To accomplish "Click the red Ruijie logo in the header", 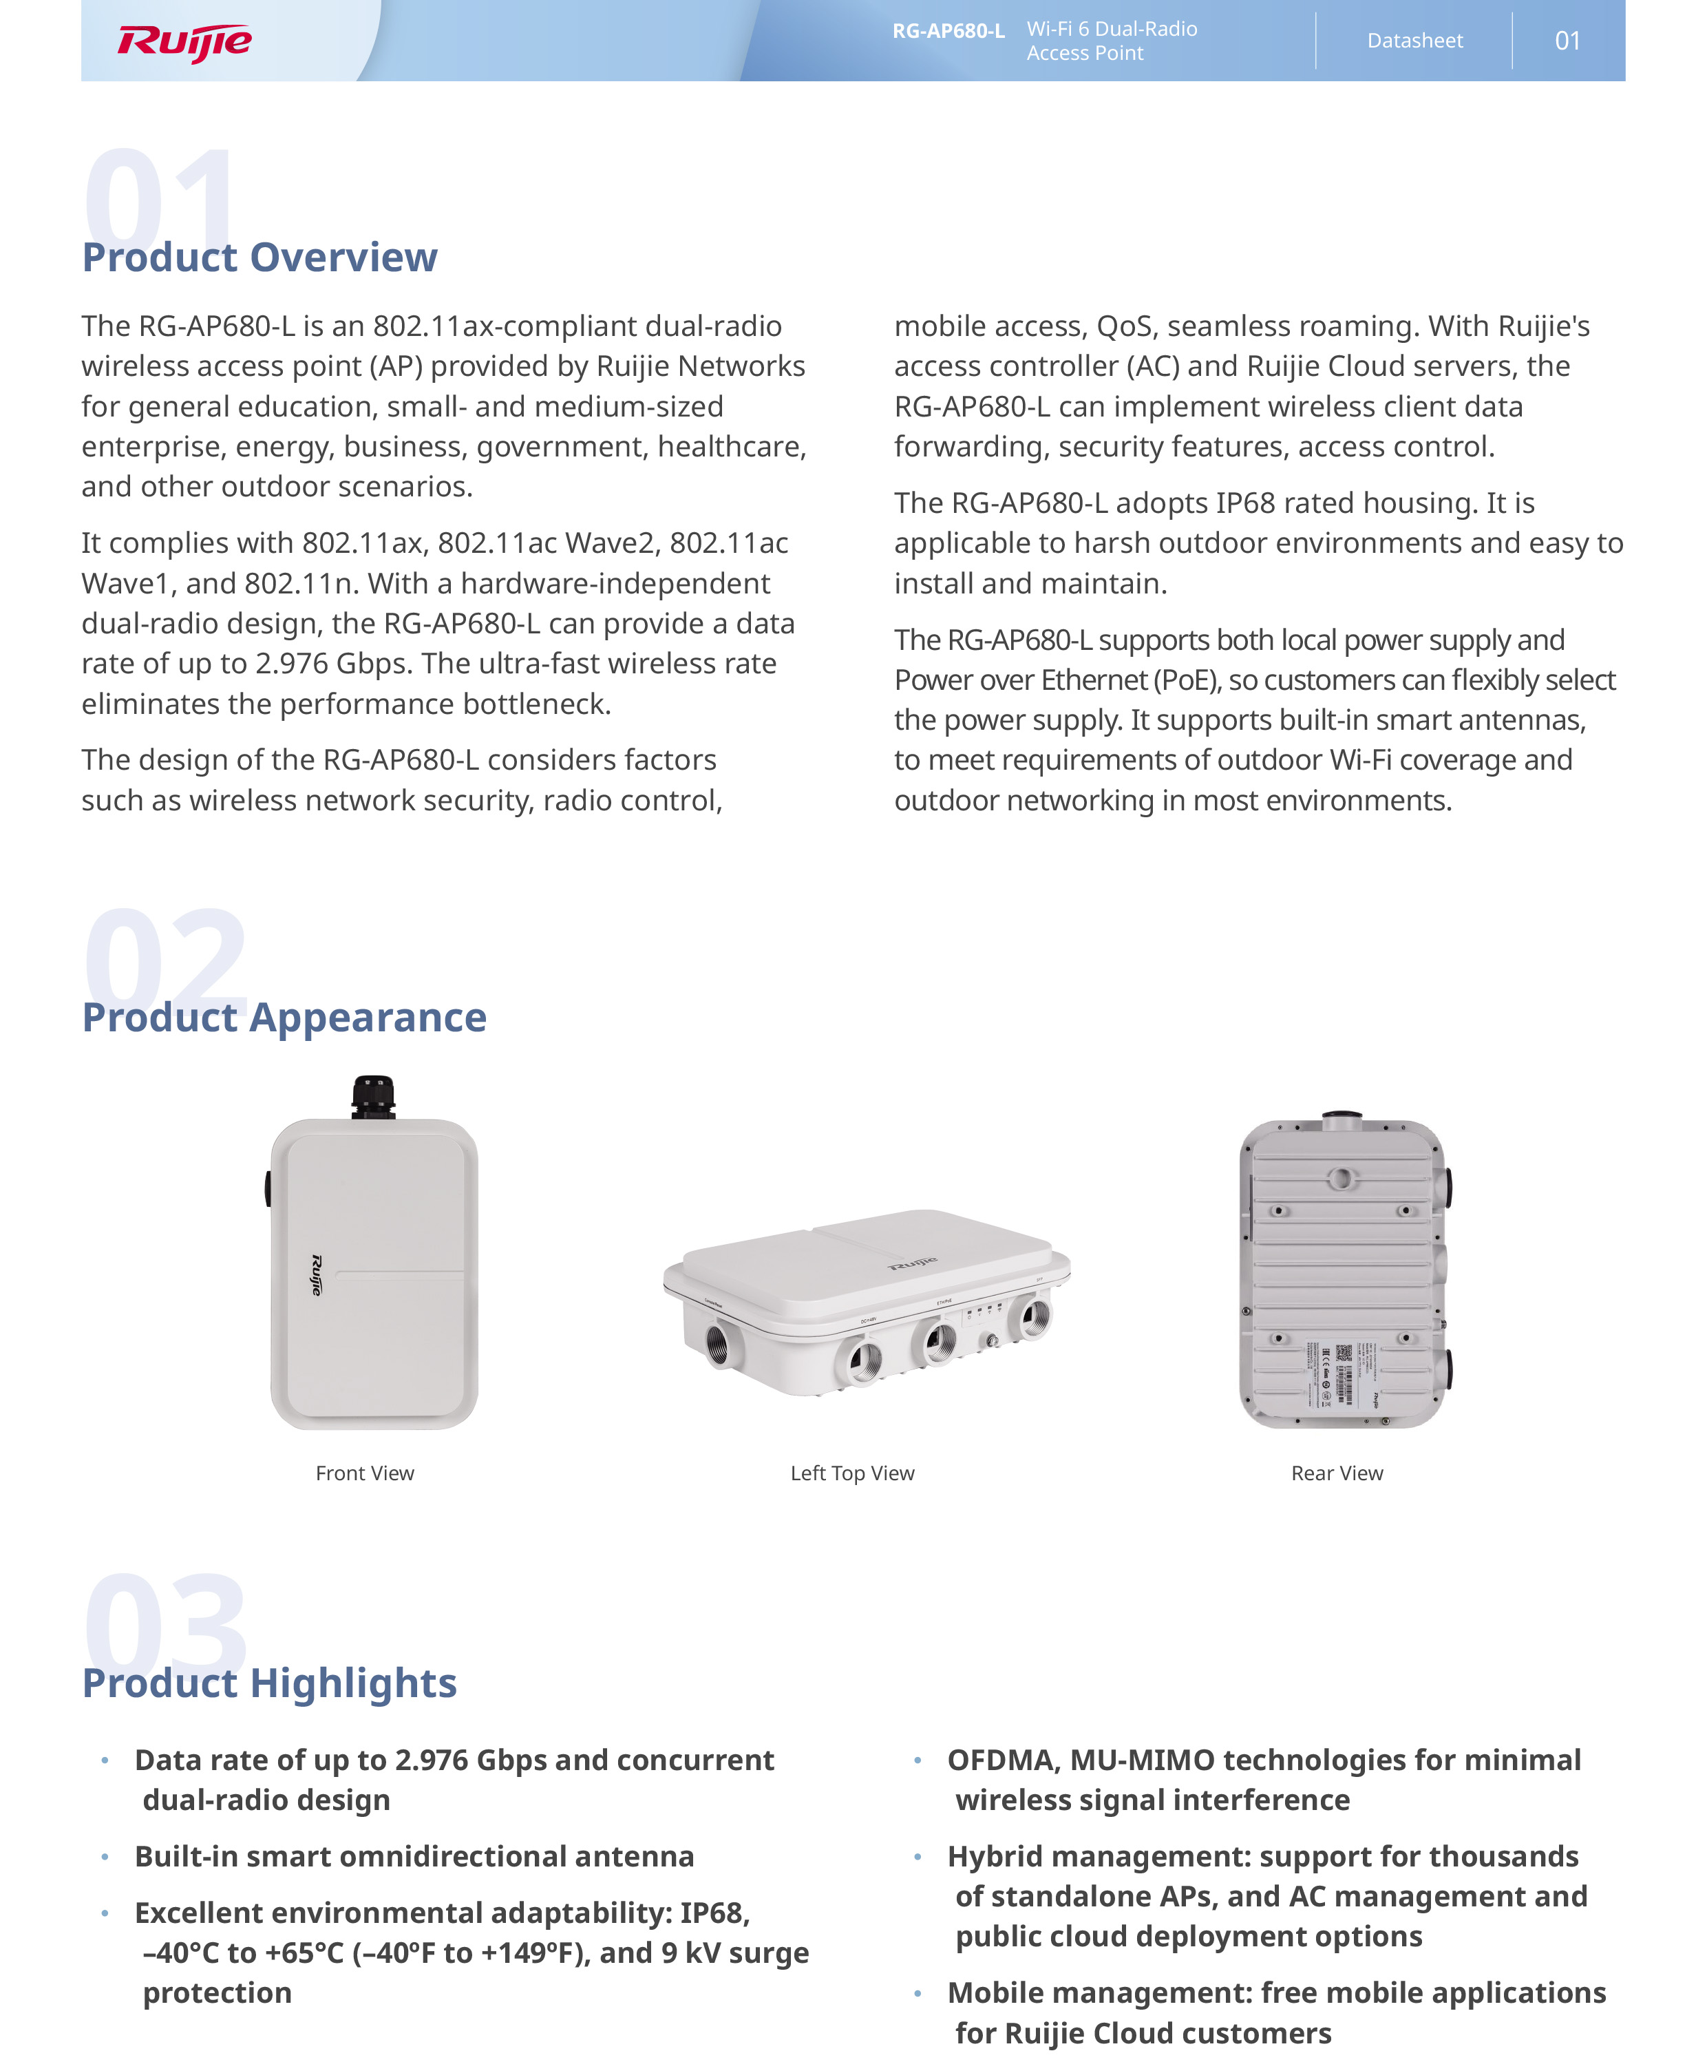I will click(184, 42).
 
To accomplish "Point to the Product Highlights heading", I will click(270, 1683).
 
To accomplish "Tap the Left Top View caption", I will click(852, 1473).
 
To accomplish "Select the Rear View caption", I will click(1337, 1473).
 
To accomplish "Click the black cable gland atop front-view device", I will click(374, 1097).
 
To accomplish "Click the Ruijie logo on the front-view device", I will click(316, 1274).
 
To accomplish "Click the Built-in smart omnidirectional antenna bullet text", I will click(414, 1857).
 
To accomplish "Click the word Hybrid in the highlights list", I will click(995, 1857).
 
